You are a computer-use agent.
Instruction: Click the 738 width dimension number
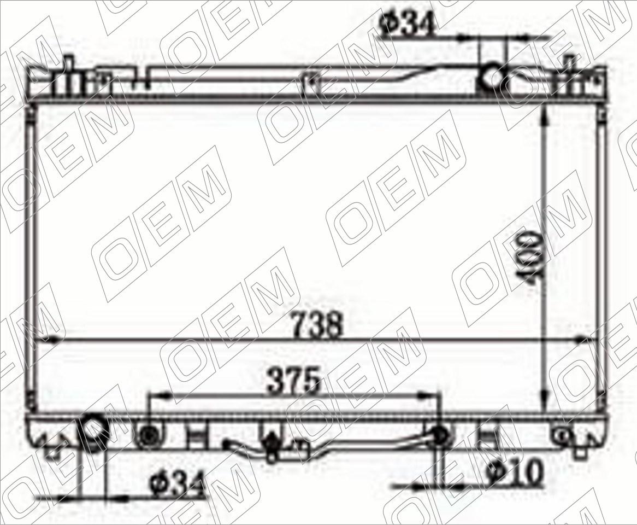tap(318, 325)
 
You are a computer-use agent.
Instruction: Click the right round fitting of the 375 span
tap(440, 435)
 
